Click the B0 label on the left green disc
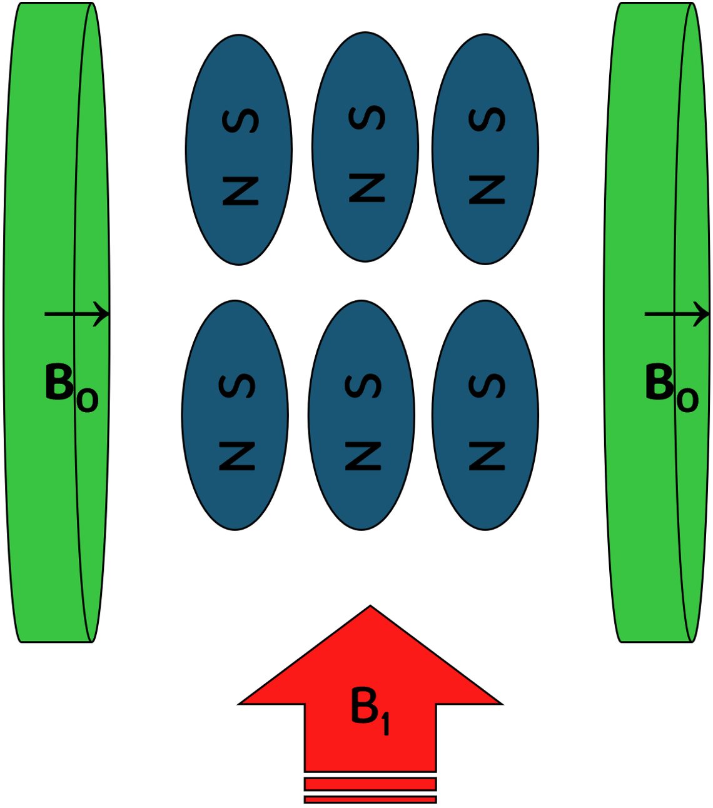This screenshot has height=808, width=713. tap(71, 387)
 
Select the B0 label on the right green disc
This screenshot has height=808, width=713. tap(671, 387)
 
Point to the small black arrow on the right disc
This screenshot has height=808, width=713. tap(677, 314)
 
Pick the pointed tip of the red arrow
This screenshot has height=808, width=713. tap(370, 608)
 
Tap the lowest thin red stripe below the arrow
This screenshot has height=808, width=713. tap(370, 799)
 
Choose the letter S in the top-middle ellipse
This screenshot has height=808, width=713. tap(367, 118)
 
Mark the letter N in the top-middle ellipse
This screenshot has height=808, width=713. tap(367, 188)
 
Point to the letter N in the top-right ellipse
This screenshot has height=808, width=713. tap(487, 190)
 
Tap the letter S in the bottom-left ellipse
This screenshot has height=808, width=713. tap(237, 386)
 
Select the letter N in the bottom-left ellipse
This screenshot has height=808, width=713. tap(237, 457)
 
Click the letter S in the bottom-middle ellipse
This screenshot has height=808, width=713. tap(363, 386)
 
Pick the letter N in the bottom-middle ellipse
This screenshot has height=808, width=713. tap(363, 457)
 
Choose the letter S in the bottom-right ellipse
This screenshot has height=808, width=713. tap(487, 386)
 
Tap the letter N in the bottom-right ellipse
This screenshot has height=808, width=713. tap(487, 457)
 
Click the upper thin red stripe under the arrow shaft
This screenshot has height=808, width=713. tap(370, 784)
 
